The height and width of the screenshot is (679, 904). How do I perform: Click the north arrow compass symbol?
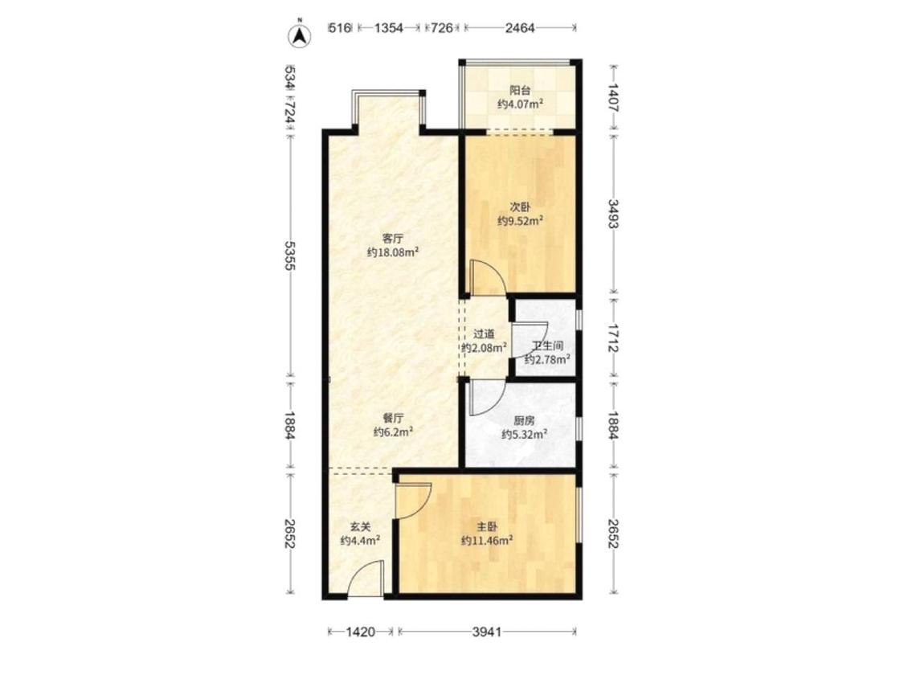[300, 35]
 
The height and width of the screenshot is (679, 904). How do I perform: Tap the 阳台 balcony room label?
[520, 90]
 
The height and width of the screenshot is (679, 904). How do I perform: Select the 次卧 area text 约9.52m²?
[521, 220]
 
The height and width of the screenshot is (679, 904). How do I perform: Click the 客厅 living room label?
[393, 238]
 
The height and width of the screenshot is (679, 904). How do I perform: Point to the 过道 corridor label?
[484, 333]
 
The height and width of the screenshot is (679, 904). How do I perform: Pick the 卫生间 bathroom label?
[547, 346]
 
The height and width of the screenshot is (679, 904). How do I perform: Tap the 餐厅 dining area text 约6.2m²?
[393, 432]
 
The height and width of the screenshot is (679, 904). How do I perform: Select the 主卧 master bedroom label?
[487, 526]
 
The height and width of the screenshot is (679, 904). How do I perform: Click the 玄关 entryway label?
[360, 526]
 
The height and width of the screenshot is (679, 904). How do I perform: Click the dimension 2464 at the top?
[520, 27]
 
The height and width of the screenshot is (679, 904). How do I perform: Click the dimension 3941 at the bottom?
[487, 632]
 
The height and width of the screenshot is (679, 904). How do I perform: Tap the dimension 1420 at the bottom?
[361, 632]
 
